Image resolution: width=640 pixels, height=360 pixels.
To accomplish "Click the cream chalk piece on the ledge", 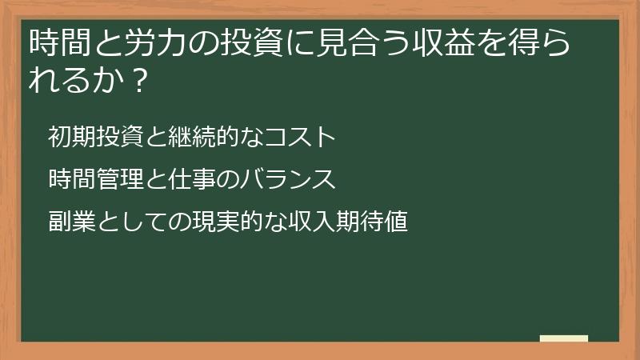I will [x=563, y=338].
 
